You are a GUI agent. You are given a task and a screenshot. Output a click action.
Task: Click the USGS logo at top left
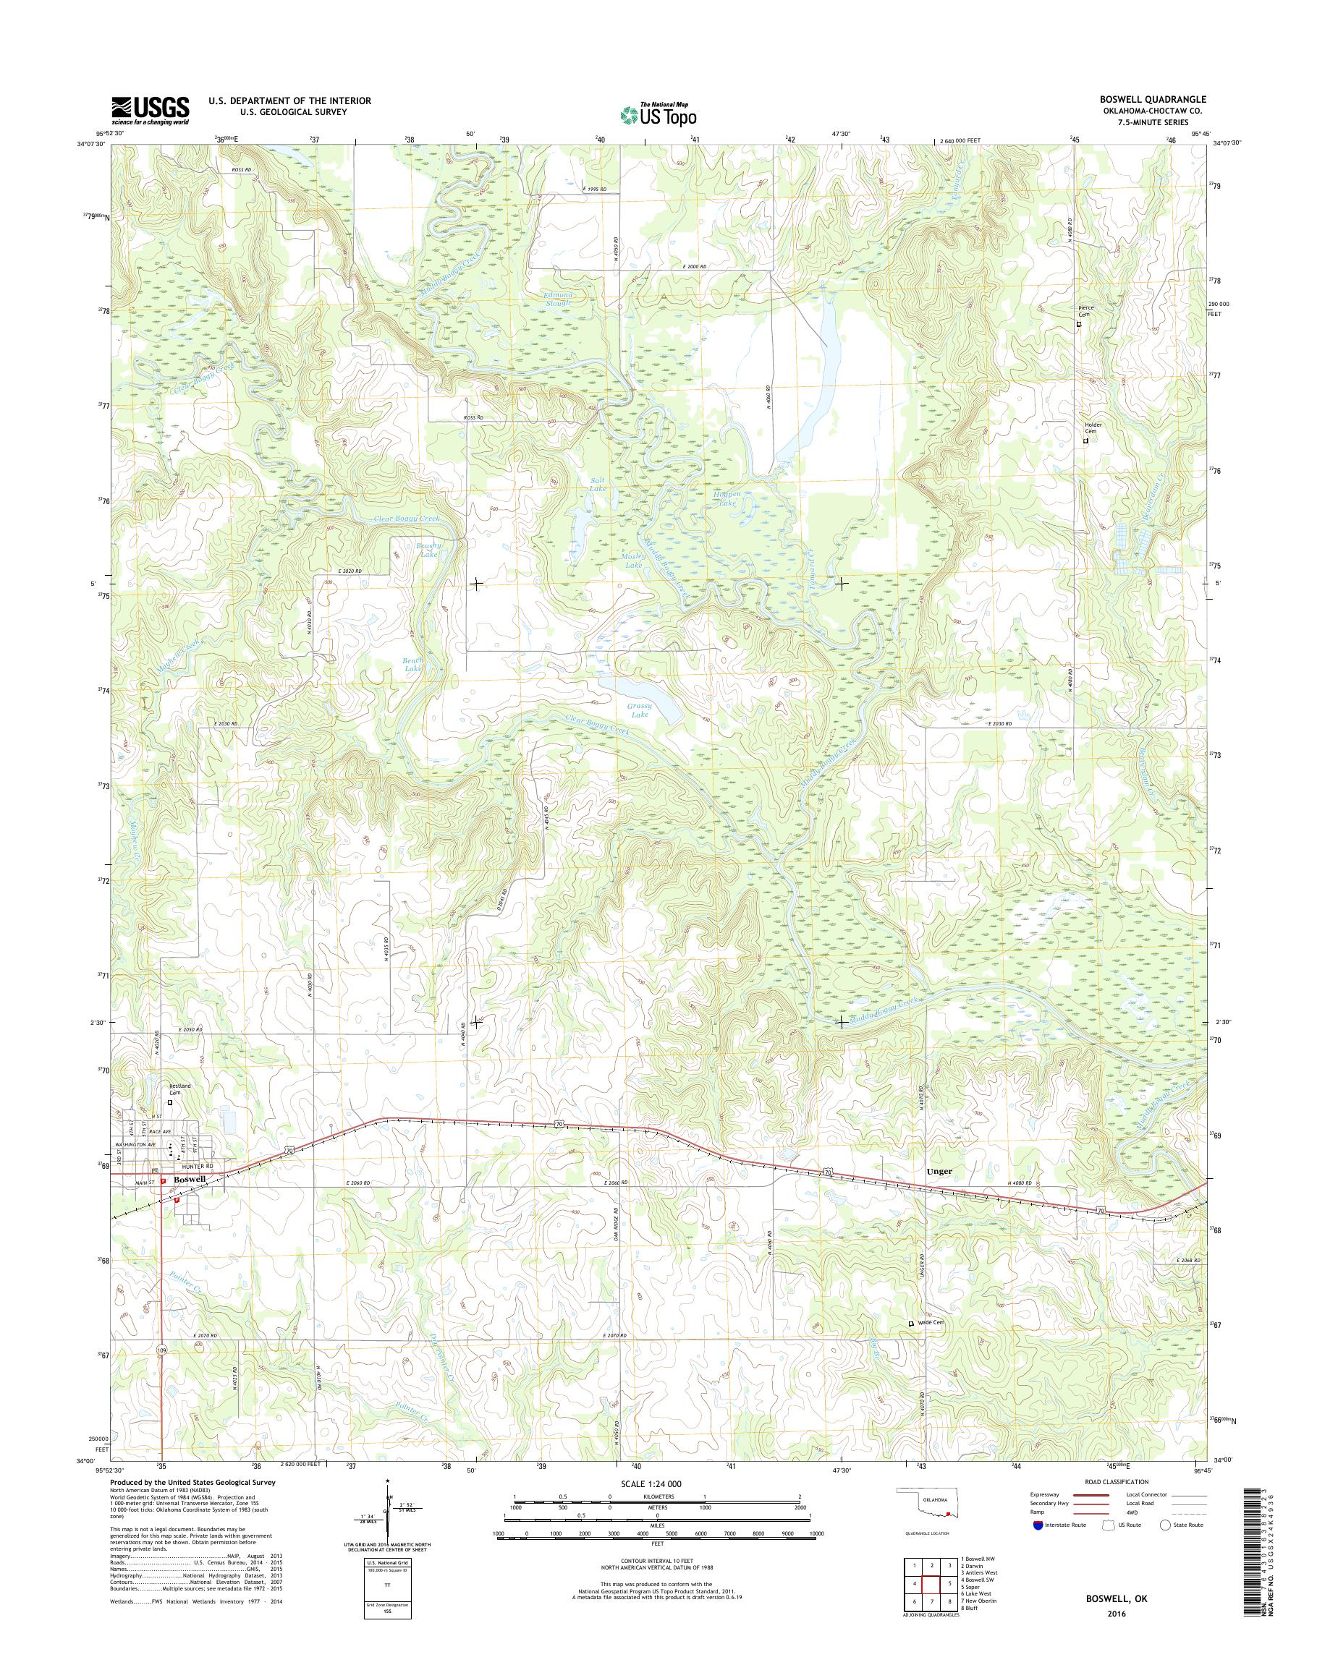tap(150, 111)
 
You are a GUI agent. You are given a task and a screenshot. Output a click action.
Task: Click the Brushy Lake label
tap(426, 550)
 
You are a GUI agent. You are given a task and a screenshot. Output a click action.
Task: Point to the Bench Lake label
tap(413, 665)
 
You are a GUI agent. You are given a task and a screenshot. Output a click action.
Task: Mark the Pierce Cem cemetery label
tap(1085, 310)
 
